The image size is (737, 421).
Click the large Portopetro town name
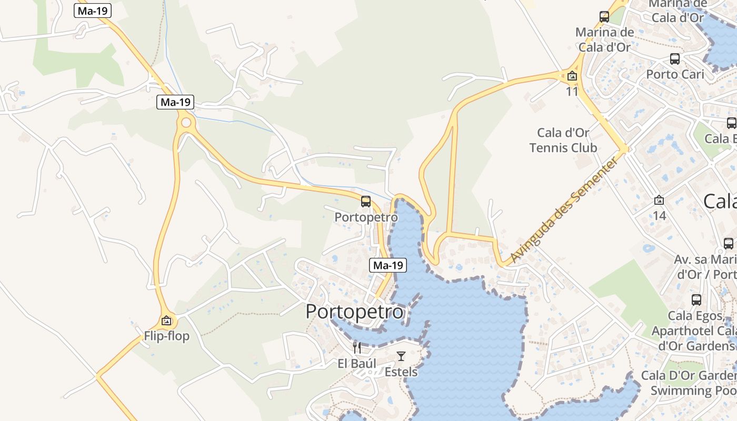pyautogui.click(x=354, y=312)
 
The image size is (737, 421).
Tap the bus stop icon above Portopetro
pyautogui.click(x=366, y=202)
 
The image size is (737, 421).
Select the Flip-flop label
pyautogui.click(x=166, y=336)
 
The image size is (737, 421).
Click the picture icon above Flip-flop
pyautogui.click(x=166, y=320)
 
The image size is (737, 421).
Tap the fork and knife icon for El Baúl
pyautogui.click(x=357, y=347)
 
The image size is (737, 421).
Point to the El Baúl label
pyautogui.click(x=357, y=364)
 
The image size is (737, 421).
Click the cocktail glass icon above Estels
pyautogui.click(x=401, y=356)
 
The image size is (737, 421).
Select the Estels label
pyautogui.click(x=401, y=372)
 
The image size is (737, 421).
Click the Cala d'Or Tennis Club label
pyautogui.click(x=563, y=140)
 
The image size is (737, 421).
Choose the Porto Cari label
pyautogui.click(x=675, y=74)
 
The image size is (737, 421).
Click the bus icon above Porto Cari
pyautogui.click(x=675, y=58)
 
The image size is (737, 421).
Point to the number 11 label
pyautogui.click(x=572, y=92)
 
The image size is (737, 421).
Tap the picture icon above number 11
pyautogui.click(x=572, y=76)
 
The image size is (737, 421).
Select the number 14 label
pyautogui.click(x=659, y=215)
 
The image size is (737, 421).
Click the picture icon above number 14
pyautogui.click(x=659, y=200)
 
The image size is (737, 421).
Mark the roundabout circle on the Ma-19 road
pyautogui.click(x=186, y=123)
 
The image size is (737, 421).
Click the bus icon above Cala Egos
pyautogui.click(x=696, y=300)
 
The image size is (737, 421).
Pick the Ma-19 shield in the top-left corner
pyautogui.click(x=93, y=11)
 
